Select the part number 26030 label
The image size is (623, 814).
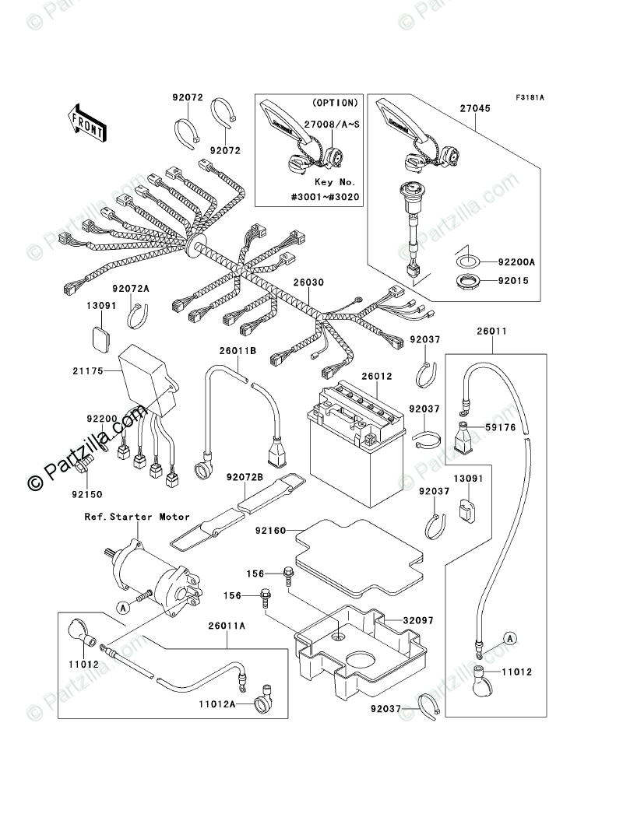tap(308, 282)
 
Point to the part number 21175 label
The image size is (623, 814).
tap(88, 370)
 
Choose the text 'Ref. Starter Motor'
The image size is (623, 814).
tap(137, 517)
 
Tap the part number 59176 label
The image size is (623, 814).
tap(501, 427)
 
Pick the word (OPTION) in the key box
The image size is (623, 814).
tap(335, 103)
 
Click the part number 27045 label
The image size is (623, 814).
tap(475, 108)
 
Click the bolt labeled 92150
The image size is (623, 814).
tap(84, 465)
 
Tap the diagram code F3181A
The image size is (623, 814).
tap(530, 97)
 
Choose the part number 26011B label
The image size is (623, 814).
tap(238, 350)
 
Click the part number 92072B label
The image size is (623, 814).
tap(245, 476)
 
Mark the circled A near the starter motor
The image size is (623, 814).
tap(122, 606)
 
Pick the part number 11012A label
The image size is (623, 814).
tap(217, 704)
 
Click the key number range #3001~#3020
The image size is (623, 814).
tap(325, 197)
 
